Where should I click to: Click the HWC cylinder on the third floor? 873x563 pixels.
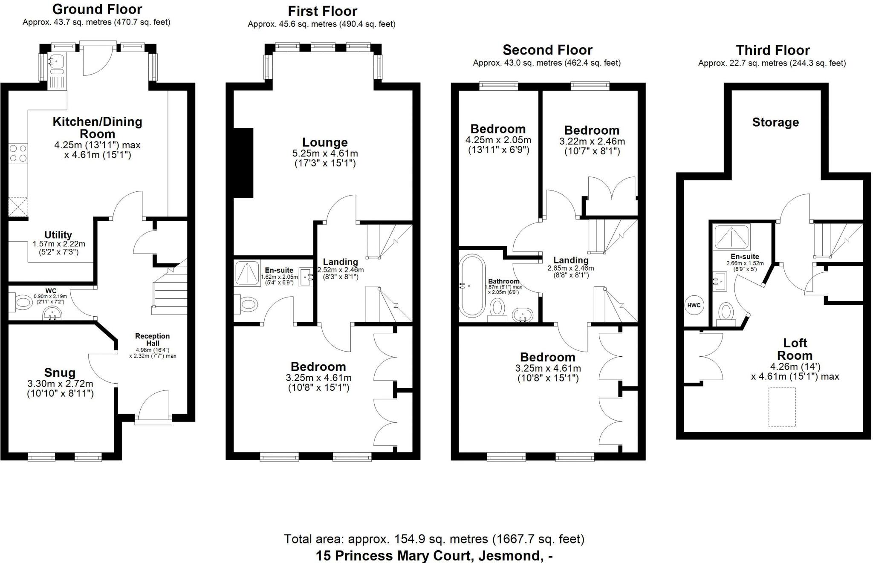point(694,305)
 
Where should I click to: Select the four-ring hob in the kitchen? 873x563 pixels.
point(18,153)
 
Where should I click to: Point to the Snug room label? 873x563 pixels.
point(60,373)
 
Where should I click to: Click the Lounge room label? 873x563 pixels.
point(325,142)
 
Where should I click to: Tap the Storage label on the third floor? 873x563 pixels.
point(775,123)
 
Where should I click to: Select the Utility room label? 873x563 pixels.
point(58,235)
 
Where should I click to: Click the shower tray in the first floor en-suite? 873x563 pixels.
point(247,273)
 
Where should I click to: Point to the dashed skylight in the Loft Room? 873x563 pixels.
point(782,407)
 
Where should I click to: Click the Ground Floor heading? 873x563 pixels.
point(97,9)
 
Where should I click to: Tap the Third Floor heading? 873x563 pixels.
point(772,50)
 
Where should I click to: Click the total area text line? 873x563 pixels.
point(434,539)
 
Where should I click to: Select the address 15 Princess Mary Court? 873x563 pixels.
point(434,556)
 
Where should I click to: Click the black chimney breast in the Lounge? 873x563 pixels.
point(243,163)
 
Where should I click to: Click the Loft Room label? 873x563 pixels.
point(795,349)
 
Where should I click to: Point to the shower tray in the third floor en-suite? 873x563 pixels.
point(731,237)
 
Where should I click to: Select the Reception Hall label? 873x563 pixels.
point(153,340)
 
